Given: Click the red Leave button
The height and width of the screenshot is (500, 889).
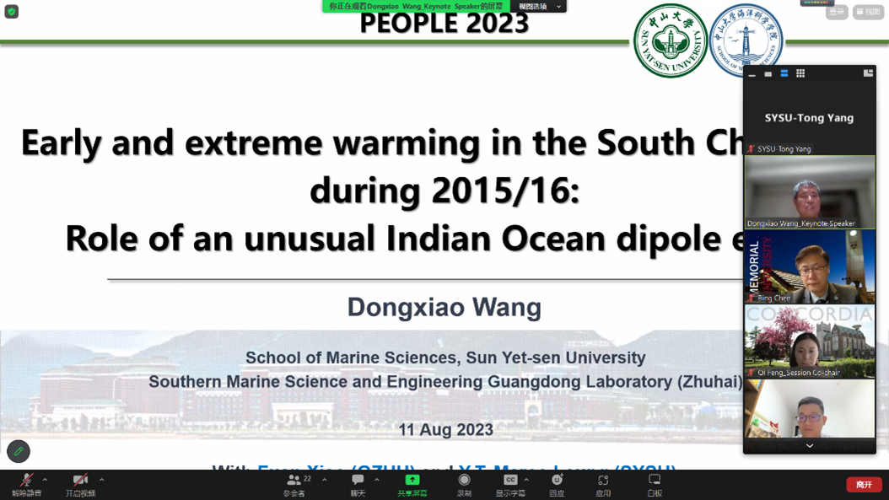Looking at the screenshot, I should pos(864,485).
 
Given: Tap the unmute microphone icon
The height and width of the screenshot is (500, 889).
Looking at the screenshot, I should pos(25,481).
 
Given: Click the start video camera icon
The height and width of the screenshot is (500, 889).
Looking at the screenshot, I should pos(79,481).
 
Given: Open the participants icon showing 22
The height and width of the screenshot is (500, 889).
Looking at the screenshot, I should pos(294,481).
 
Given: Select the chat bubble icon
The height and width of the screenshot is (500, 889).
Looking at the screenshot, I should pos(358,481).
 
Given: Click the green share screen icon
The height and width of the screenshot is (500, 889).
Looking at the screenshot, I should pos(412,480).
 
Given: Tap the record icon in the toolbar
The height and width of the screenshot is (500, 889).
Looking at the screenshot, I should pos(464,481).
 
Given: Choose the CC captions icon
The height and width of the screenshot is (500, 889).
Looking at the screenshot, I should pos(510,480).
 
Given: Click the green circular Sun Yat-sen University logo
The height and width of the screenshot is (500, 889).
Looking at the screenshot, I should pos(671,41).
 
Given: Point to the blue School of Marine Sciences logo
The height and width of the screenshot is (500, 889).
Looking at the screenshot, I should pos(746,40).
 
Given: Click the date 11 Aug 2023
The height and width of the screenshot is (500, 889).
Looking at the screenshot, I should pos(445,430).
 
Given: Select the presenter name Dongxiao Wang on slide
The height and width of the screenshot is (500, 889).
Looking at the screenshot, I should pos(444,307).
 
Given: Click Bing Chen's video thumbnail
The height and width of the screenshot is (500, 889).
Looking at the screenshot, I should pos(809,267).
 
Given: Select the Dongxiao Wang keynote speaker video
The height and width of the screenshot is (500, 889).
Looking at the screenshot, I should pos(809,192).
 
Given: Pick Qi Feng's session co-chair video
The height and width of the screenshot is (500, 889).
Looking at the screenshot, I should pos(809,341).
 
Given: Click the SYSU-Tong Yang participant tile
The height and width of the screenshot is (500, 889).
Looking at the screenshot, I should pos(809,118).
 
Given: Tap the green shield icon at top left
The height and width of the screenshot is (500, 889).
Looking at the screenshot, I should pos(12,12).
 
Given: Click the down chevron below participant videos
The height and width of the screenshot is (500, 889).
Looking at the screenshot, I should pos(810,446).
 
